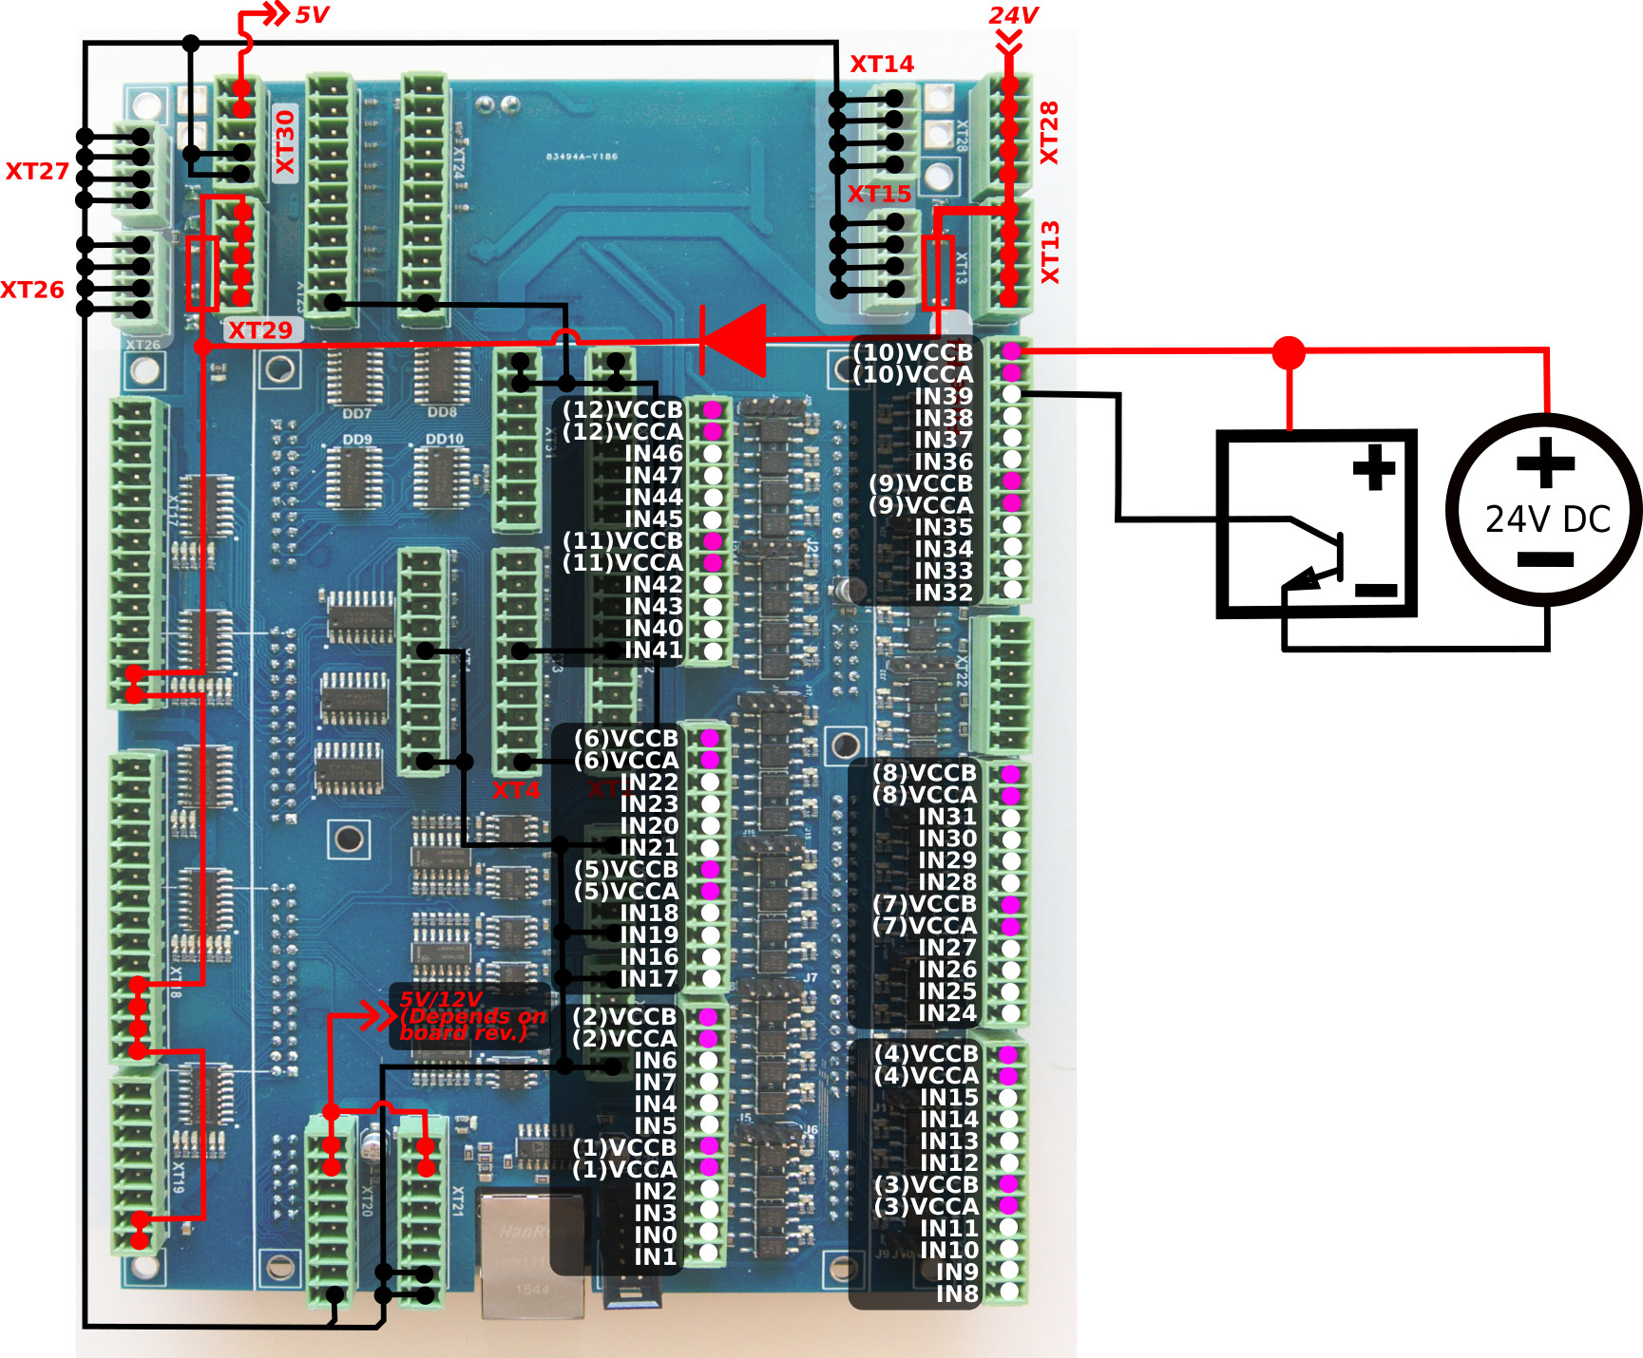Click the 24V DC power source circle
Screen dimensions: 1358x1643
click(1544, 509)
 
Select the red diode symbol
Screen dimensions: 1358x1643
click(734, 340)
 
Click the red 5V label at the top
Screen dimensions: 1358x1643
click(312, 15)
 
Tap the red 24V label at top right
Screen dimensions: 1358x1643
click(1013, 15)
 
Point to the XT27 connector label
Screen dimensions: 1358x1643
click(37, 171)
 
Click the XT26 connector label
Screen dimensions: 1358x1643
click(32, 290)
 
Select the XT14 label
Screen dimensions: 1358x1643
click(881, 64)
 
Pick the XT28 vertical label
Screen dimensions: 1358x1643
click(1049, 132)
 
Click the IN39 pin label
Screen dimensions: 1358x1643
click(944, 396)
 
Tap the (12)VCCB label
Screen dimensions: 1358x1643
click(622, 409)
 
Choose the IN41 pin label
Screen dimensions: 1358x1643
click(653, 650)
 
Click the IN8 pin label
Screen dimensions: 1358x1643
click(957, 1293)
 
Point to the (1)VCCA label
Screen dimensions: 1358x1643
click(624, 1169)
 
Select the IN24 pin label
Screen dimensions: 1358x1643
click(946, 1013)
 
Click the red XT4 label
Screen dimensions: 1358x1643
click(515, 790)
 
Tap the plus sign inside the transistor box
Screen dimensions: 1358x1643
click(1374, 467)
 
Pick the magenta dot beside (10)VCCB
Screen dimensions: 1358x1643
click(1012, 351)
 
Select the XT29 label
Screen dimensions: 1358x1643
click(260, 330)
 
